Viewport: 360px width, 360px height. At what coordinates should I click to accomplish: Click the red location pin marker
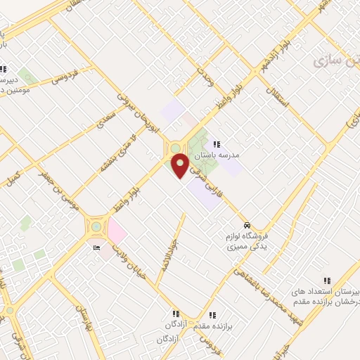(x=181, y=165)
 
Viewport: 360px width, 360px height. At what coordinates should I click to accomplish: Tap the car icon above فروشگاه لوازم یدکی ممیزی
(x=246, y=224)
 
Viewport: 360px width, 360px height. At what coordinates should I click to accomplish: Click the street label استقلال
(x=278, y=98)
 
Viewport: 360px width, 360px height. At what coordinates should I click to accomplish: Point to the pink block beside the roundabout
(x=116, y=231)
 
